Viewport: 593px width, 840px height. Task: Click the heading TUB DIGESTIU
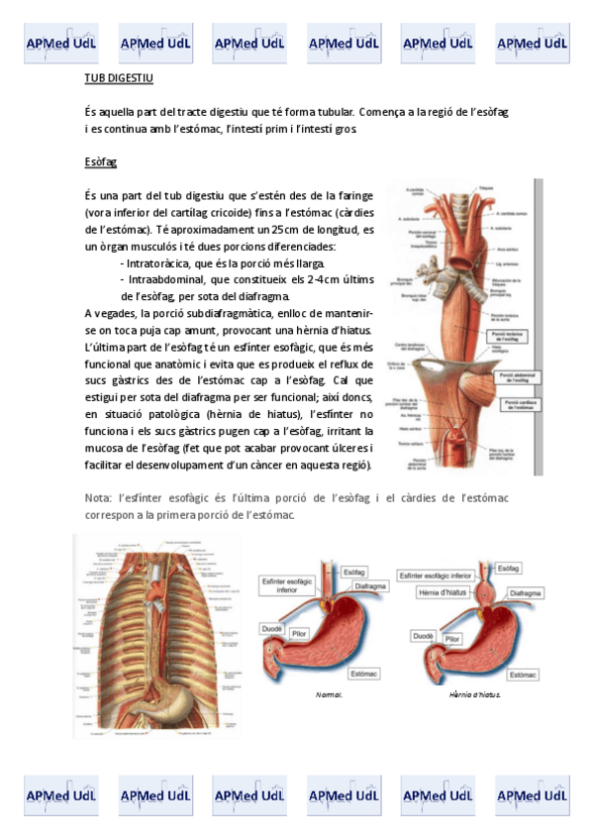pyautogui.click(x=120, y=78)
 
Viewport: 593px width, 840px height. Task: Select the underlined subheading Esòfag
pyautogui.click(x=101, y=161)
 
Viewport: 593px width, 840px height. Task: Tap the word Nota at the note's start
pyautogui.click(x=99, y=498)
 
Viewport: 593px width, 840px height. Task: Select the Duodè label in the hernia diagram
pyautogui.click(x=424, y=637)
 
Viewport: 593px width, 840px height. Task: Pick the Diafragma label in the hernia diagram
pyautogui.click(x=525, y=593)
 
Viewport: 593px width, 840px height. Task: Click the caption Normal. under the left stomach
pyautogui.click(x=329, y=695)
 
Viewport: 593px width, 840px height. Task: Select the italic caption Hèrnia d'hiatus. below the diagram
pyautogui.click(x=475, y=695)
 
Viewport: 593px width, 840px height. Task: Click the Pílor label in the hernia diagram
pyautogui.click(x=452, y=641)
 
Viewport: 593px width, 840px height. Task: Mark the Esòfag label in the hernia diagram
pyautogui.click(x=509, y=570)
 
